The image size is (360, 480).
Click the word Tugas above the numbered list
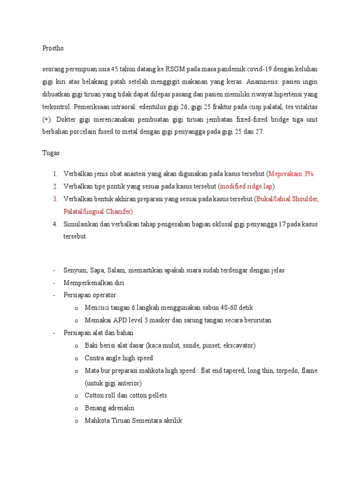click(x=51, y=153)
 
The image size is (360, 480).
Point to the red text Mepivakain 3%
click(x=291, y=174)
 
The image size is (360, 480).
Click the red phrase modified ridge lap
click(x=247, y=186)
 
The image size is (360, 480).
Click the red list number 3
click(x=55, y=199)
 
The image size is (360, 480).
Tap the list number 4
click(x=55, y=224)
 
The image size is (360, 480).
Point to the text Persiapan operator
click(x=90, y=295)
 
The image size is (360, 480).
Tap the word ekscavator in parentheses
click(x=239, y=345)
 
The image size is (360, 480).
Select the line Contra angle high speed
click(x=119, y=358)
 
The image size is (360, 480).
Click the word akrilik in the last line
click(x=170, y=420)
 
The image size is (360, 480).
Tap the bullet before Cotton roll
click(x=76, y=396)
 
